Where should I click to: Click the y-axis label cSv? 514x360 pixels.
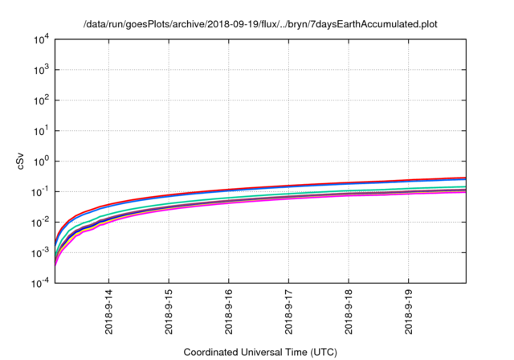pyautogui.click(x=22, y=162)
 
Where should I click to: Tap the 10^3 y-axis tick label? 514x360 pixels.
pyautogui.click(x=43, y=70)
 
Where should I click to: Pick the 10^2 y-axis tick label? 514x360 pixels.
pyautogui.click(x=43, y=100)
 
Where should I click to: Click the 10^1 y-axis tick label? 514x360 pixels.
pyautogui.click(x=43, y=131)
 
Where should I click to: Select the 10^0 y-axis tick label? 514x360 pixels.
pyautogui.click(x=43, y=161)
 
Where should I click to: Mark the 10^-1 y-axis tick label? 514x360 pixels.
pyautogui.click(x=42, y=191)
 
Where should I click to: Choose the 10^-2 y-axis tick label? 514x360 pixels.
pyautogui.click(x=42, y=222)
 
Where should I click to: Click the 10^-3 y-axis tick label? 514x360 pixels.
pyautogui.click(x=42, y=252)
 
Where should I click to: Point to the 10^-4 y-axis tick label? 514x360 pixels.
pyautogui.click(x=42, y=283)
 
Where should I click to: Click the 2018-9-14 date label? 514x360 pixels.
pyautogui.click(x=109, y=315)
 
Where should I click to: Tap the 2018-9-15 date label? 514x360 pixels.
pyautogui.click(x=169, y=315)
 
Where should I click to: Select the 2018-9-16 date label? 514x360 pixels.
pyautogui.click(x=229, y=315)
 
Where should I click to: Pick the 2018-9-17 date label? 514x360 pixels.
pyautogui.click(x=289, y=315)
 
